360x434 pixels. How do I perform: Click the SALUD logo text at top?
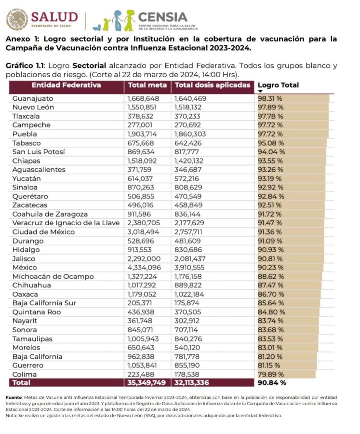coord(54,17)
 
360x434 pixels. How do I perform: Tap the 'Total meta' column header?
coord(147,85)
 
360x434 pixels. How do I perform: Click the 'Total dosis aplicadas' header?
coord(213,85)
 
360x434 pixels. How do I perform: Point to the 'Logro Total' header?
coord(278,85)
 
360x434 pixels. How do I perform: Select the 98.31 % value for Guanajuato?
coord(270,98)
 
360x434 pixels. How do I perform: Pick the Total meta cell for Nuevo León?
coord(143,107)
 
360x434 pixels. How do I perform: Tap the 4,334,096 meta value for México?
coord(144,268)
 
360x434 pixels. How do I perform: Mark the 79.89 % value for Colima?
coord(270,374)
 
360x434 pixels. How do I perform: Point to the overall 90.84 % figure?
coord(272,383)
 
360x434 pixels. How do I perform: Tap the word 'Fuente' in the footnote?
coord(14,396)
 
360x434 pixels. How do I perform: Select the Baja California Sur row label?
coord(43,303)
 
